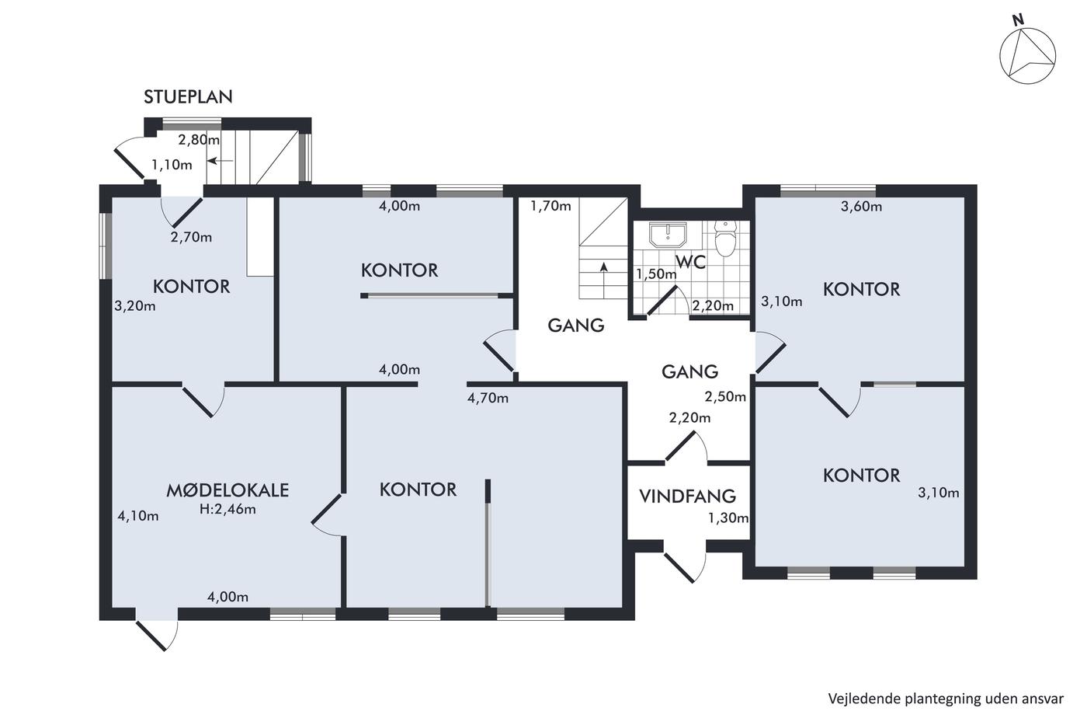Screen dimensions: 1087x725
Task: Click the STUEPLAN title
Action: (x=188, y=97)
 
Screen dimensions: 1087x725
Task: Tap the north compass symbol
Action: (x=1026, y=57)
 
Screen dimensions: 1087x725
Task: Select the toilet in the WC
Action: (x=726, y=238)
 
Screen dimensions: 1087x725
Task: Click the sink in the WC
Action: (x=669, y=235)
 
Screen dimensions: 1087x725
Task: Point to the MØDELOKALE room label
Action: (x=227, y=490)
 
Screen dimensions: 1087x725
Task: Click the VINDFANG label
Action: (x=688, y=497)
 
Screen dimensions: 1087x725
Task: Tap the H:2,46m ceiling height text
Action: (x=227, y=510)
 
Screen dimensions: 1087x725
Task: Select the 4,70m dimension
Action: (x=488, y=398)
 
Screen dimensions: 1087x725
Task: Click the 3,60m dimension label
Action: (x=861, y=207)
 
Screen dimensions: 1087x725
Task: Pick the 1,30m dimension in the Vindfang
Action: (x=728, y=518)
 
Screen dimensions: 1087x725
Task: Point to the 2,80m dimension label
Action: (x=199, y=140)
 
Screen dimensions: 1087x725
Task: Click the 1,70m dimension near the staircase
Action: (x=550, y=207)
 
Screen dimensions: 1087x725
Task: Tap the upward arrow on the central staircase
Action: (x=604, y=281)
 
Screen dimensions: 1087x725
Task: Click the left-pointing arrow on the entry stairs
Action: (x=221, y=161)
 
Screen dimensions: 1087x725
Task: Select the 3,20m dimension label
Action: (x=135, y=306)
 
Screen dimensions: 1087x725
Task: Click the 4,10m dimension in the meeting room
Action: (x=138, y=516)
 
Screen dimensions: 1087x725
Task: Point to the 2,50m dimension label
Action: (x=725, y=397)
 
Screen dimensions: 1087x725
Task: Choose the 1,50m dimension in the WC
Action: (x=656, y=274)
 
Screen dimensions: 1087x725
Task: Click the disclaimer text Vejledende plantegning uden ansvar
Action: (x=946, y=699)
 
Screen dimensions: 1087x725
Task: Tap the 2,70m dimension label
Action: (x=191, y=237)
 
